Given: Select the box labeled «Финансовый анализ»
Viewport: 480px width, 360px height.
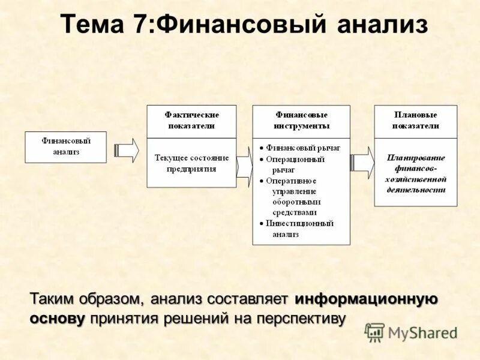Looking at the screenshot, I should click(66, 147).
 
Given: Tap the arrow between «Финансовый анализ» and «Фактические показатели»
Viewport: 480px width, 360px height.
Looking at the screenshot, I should click(127, 149).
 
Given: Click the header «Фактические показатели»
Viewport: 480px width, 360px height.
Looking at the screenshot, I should click(192, 121).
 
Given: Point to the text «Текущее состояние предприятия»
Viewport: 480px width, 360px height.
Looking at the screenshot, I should click(192, 163).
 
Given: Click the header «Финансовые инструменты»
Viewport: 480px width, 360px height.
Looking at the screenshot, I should click(301, 121).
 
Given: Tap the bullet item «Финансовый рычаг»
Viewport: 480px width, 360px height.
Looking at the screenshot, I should click(303, 147).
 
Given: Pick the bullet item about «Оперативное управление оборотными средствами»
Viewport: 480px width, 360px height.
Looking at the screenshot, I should click(294, 196).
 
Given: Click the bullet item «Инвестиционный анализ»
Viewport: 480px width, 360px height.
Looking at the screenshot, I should click(299, 229).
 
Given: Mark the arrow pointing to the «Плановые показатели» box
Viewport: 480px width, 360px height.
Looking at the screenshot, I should click(362, 162).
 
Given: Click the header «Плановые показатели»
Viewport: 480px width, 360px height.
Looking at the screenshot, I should click(416, 121).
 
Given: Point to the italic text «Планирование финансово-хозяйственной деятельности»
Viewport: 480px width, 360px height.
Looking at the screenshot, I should click(416, 173).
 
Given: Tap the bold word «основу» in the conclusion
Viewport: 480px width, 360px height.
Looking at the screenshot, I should click(57, 318).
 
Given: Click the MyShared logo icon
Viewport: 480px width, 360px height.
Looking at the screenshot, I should click(374, 332).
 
